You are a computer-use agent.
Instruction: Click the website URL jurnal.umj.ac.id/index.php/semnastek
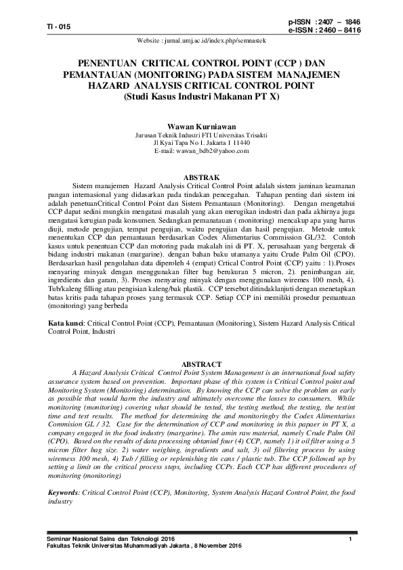point(201,41)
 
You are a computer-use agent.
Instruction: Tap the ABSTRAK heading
point(201,175)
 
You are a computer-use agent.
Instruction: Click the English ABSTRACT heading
point(201,364)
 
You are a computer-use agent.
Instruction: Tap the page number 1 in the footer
point(350,538)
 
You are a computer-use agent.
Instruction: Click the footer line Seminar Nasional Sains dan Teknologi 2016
point(110,538)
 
